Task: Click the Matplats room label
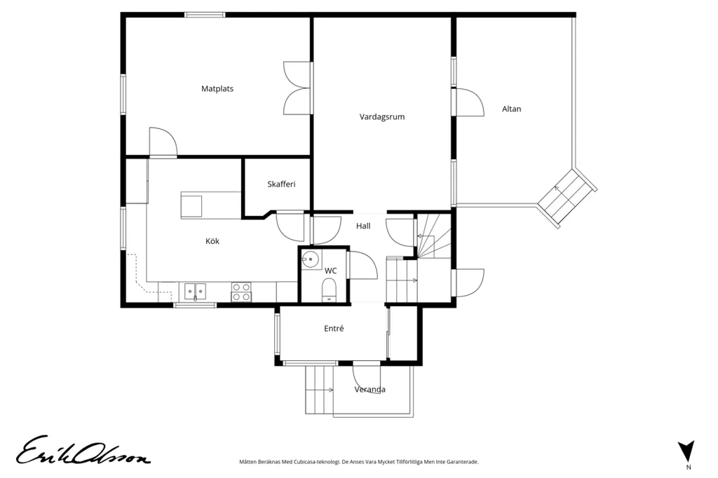point(217,88)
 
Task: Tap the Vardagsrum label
point(382,117)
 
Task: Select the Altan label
point(511,109)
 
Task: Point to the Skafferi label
point(281,184)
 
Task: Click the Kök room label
point(212,241)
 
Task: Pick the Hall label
point(363,226)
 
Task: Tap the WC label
point(331,271)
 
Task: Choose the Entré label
point(334,328)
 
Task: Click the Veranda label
point(370,390)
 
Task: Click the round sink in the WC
point(310,260)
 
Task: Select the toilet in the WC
point(330,290)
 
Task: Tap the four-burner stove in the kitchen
point(241,292)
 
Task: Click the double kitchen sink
point(196,291)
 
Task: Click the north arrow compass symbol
point(686,451)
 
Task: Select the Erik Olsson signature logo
point(83,451)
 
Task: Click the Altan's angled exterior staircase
point(567,198)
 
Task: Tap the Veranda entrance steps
point(320,390)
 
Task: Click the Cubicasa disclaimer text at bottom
point(359,462)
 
